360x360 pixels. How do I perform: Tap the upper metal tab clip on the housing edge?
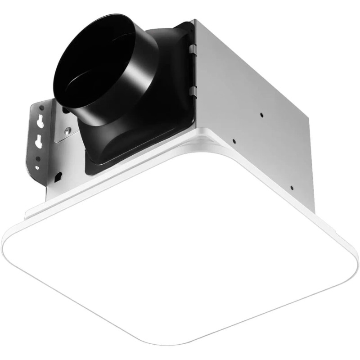[x=193, y=47]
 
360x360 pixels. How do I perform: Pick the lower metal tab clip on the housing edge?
[x=193, y=91]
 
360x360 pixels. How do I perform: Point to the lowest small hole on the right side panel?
[x=292, y=188]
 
